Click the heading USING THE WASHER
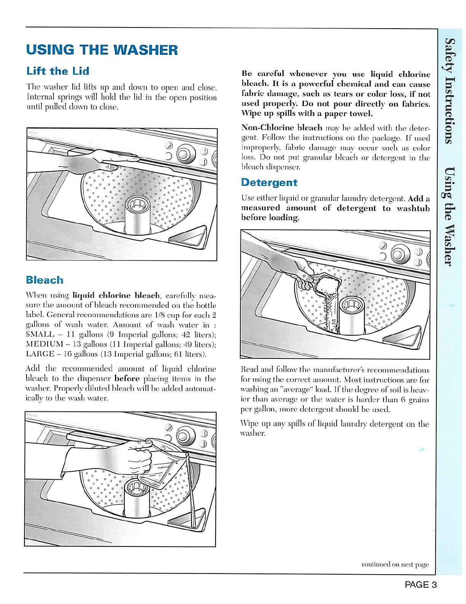pyautogui.click(x=102, y=50)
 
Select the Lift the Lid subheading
pyautogui.click(x=58, y=71)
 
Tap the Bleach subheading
pyautogui.click(x=45, y=280)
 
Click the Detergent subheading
pyautogui.click(x=269, y=182)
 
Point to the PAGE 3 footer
pyautogui.click(x=420, y=585)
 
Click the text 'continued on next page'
pyautogui.click(x=395, y=564)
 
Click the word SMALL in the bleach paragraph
pyautogui.click(x=40, y=334)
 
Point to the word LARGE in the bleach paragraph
pyautogui.click(x=40, y=354)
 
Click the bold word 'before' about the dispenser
pyautogui.click(x=127, y=379)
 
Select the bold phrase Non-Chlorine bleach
pyautogui.click(x=282, y=128)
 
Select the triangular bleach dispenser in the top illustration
pyautogui.click(x=189, y=238)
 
